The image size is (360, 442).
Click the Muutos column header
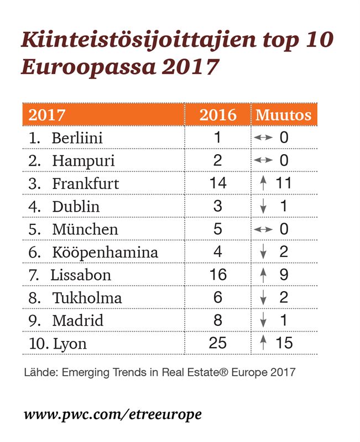(283, 115)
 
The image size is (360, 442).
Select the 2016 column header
(218, 115)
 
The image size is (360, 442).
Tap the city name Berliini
(77, 138)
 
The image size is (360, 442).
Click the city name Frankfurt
(86, 183)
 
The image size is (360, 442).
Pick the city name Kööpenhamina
(105, 252)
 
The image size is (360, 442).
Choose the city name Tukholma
(87, 298)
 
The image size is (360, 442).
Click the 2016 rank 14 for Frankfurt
(218, 183)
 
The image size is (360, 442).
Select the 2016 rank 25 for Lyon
(218, 343)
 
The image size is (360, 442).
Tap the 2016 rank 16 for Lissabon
(218, 275)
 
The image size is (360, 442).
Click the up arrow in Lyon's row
(263, 343)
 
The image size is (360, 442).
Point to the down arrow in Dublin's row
(263, 207)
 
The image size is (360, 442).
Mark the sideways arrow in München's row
(263, 229)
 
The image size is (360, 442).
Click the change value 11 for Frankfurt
(283, 183)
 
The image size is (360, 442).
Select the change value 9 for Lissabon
(284, 275)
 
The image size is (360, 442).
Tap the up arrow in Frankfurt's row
(263, 183)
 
